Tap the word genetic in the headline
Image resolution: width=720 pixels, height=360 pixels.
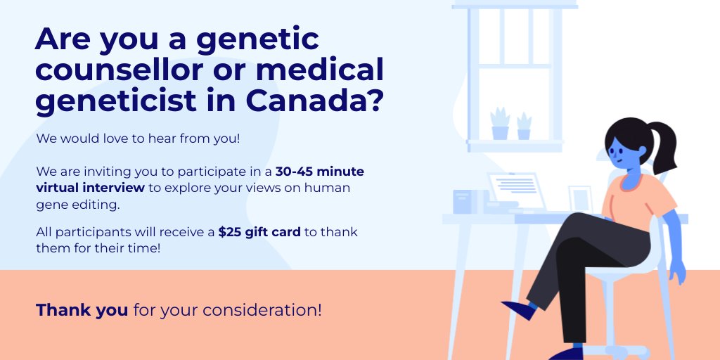(257, 39)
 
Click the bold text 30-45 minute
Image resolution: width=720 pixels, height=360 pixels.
(320, 172)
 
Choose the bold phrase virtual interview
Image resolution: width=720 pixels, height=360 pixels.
(91, 188)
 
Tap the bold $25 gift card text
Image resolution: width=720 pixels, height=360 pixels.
(259, 232)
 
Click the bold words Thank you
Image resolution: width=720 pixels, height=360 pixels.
(82, 309)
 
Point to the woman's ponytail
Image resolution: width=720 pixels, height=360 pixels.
(661, 144)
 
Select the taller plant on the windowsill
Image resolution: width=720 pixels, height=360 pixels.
(500, 123)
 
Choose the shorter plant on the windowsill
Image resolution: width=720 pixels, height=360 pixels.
(524, 126)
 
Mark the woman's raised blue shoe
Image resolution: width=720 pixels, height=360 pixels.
(519, 309)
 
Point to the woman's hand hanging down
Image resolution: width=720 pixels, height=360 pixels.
(676, 270)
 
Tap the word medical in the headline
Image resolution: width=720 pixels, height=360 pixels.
(319, 70)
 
